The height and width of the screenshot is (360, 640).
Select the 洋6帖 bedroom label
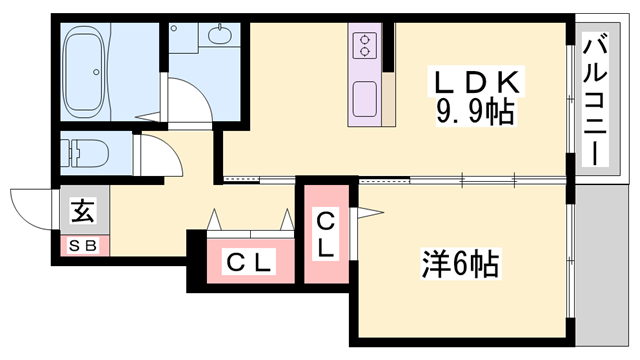point(459,265)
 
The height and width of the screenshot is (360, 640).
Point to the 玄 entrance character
point(83,212)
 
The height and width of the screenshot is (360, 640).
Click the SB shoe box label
point(82,244)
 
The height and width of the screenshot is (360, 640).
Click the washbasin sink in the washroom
point(218,39)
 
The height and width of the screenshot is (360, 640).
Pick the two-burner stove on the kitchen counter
point(364,46)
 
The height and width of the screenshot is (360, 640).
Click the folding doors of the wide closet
point(250,221)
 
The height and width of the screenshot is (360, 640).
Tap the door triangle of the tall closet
point(368,212)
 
